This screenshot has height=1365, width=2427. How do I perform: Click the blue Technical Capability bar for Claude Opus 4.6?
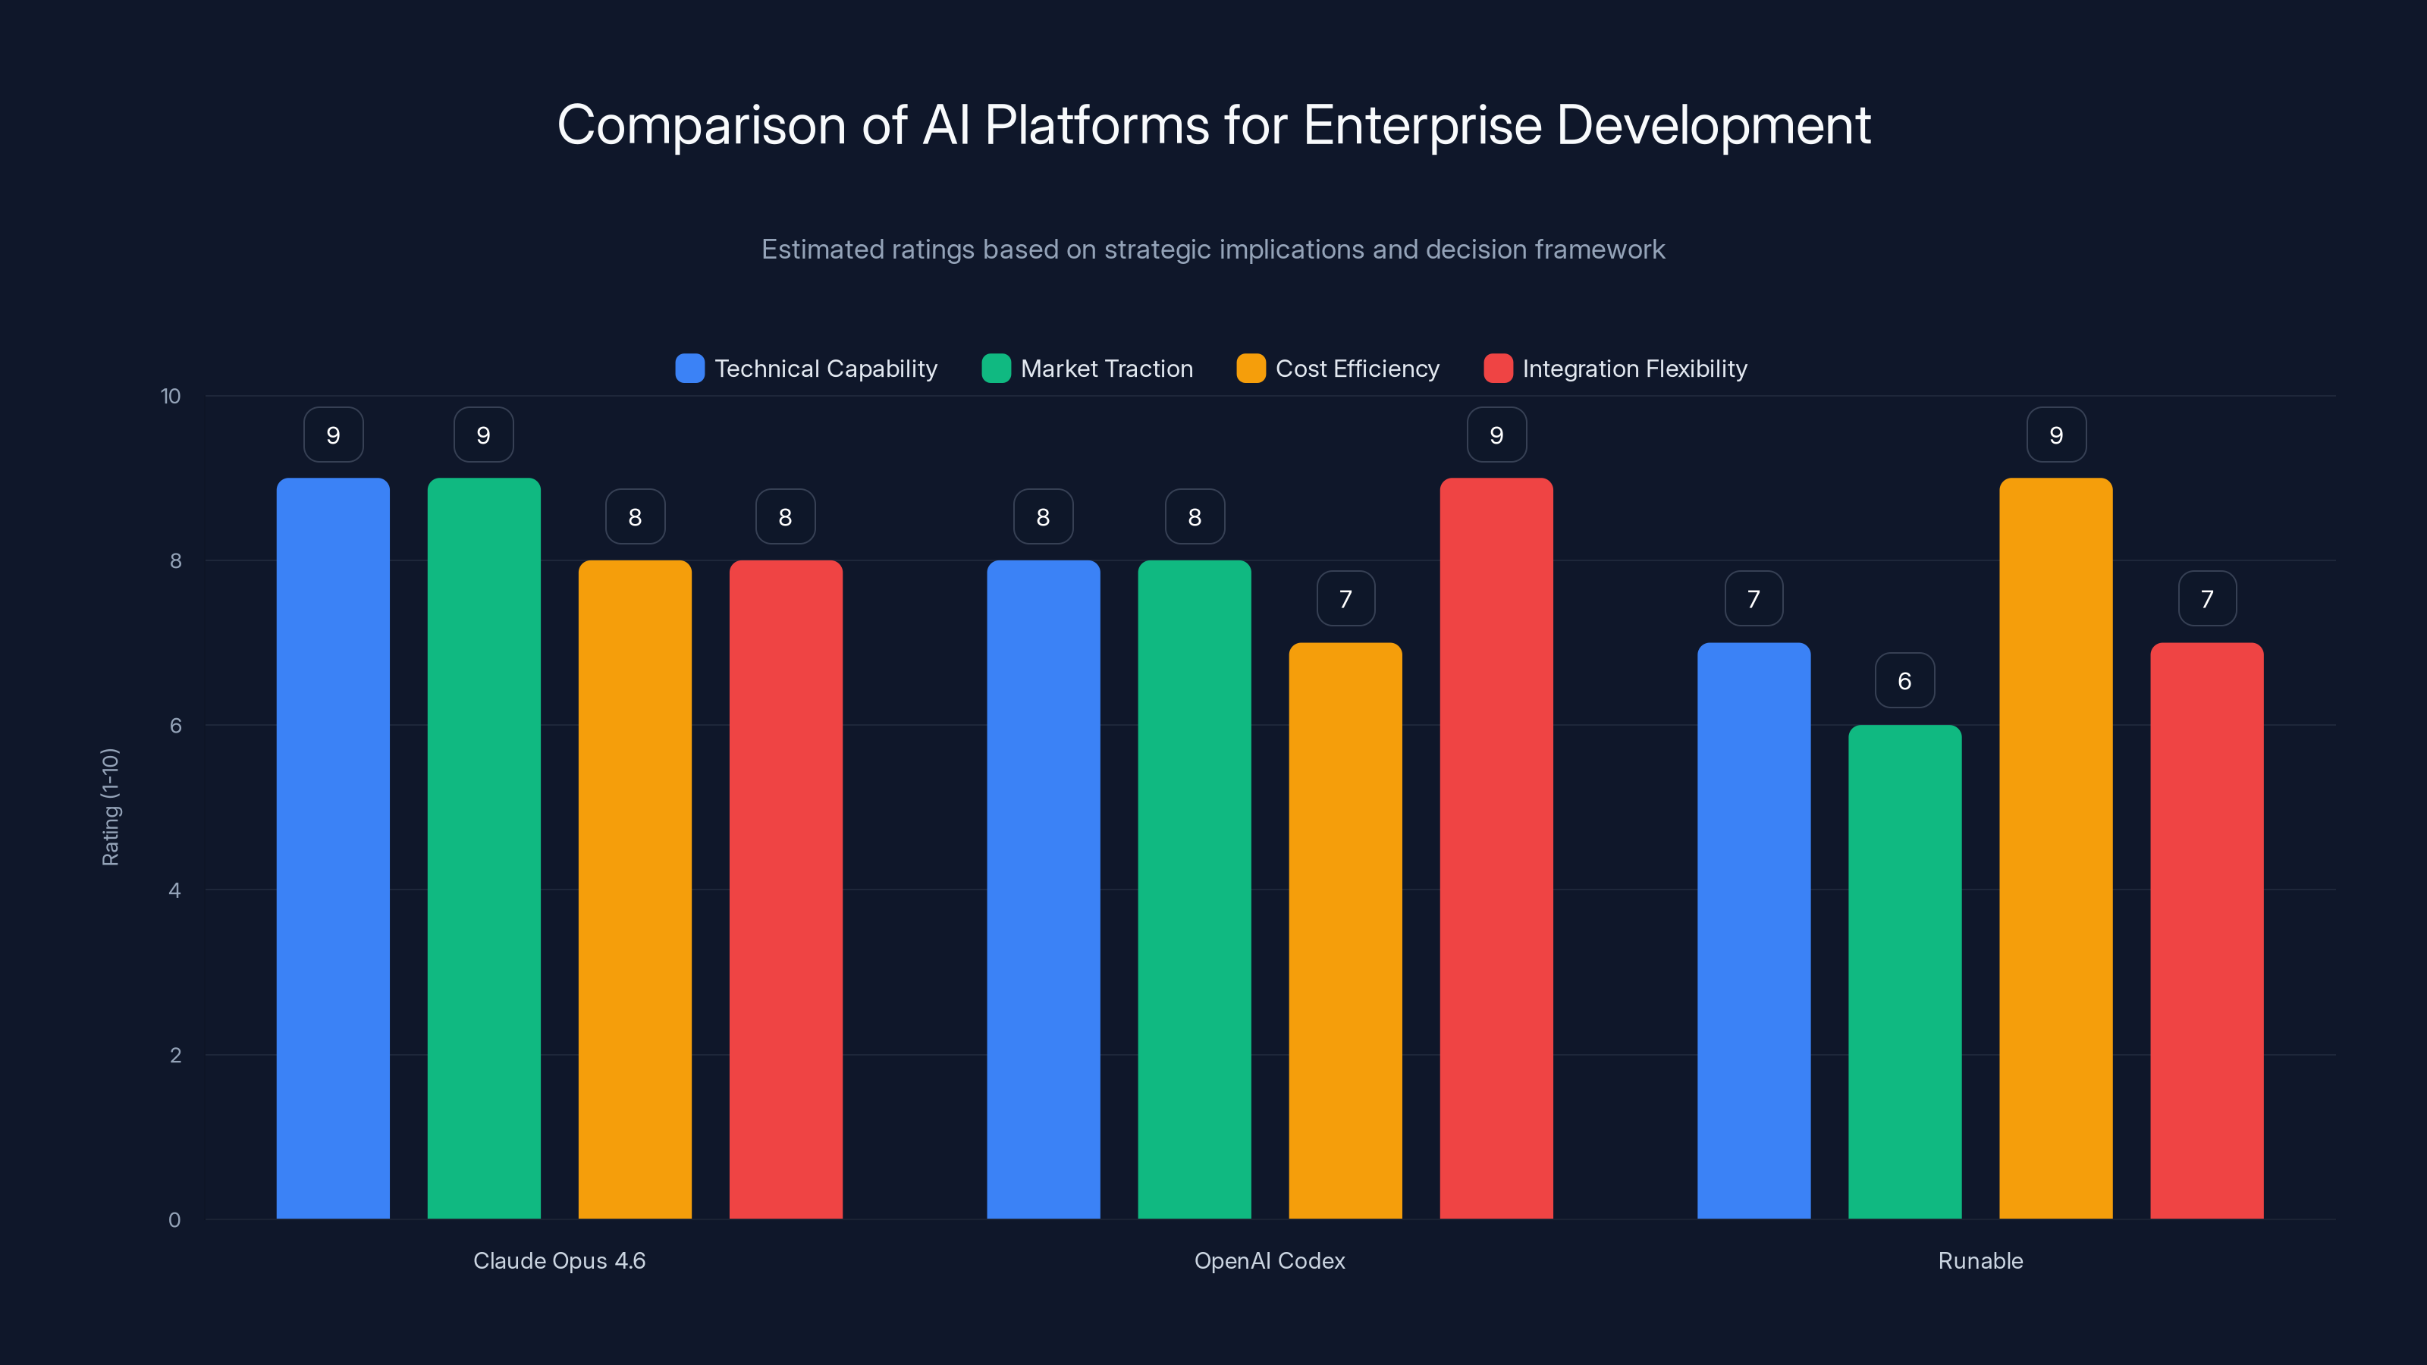pos(333,848)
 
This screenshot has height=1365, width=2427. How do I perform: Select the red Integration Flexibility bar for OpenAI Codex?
pos(1496,848)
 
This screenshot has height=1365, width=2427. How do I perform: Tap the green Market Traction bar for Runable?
pos(1904,971)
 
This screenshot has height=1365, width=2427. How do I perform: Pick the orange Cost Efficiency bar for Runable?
pos(2056,848)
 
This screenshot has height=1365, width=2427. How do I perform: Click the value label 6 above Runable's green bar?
pos(1904,681)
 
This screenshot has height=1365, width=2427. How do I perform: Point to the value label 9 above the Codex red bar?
pos(1496,435)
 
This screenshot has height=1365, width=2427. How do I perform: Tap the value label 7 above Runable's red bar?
pos(2206,599)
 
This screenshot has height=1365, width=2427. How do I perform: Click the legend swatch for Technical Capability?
pos(689,369)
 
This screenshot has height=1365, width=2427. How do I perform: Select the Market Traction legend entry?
pos(1106,369)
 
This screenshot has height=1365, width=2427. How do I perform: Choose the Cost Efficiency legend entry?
pos(1357,369)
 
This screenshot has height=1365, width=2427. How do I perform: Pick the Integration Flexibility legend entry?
pos(1634,369)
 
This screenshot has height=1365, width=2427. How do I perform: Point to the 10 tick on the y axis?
pos(171,396)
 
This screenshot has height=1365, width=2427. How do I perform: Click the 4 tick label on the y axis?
pos(174,890)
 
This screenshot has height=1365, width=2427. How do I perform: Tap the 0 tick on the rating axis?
pos(174,1220)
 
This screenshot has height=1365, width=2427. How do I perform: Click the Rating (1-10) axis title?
pos(110,808)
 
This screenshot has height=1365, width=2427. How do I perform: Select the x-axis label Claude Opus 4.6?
pos(559,1260)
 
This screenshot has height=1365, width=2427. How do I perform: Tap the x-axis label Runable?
pos(1980,1260)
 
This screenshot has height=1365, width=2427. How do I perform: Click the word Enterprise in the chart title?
pos(1422,125)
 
